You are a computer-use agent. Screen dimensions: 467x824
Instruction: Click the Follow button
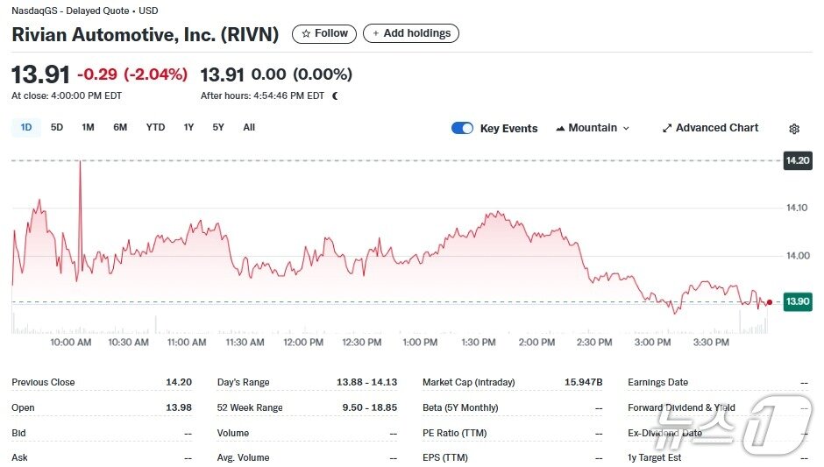324,33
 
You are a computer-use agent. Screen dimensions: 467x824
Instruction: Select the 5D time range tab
57,128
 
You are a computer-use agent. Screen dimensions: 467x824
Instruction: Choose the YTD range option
155,128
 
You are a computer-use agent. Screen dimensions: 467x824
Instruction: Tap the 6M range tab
120,128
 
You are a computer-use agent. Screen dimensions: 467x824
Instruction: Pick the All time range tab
249,128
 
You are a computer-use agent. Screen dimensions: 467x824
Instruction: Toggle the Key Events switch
462,128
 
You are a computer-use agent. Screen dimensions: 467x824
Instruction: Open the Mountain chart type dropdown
593,128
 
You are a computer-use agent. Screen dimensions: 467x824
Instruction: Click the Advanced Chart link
710,128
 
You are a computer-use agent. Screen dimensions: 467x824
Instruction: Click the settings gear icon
794,129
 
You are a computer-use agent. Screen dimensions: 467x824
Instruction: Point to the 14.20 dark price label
798,161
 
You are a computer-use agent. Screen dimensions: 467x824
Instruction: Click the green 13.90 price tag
798,302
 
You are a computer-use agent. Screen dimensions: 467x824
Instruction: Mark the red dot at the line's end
769,302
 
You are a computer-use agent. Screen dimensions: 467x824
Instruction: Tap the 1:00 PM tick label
420,343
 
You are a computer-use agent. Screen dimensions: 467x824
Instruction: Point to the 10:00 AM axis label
71,343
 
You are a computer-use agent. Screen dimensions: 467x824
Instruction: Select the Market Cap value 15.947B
584,383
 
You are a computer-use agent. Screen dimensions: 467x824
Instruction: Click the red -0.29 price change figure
97,74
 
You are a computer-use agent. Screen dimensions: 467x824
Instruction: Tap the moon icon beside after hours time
335,96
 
